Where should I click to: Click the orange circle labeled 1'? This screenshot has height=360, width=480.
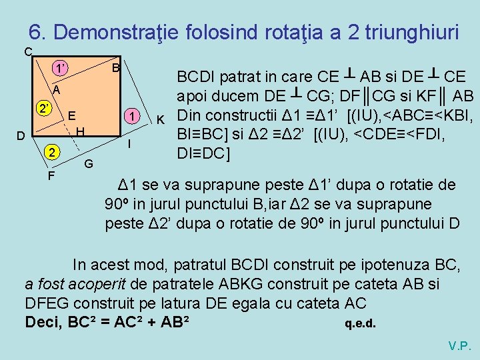[x=61, y=68]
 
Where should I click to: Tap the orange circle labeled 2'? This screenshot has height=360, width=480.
[x=44, y=109]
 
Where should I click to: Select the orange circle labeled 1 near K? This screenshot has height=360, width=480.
[x=133, y=116]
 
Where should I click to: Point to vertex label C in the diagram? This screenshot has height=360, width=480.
[x=27, y=52]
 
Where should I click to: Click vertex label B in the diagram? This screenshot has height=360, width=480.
[x=115, y=68]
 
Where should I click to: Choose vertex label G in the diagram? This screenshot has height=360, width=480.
[x=88, y=163]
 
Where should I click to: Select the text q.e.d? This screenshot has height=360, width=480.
[x=360, y=325]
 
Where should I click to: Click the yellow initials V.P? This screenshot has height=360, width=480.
[x=460, y=346]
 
